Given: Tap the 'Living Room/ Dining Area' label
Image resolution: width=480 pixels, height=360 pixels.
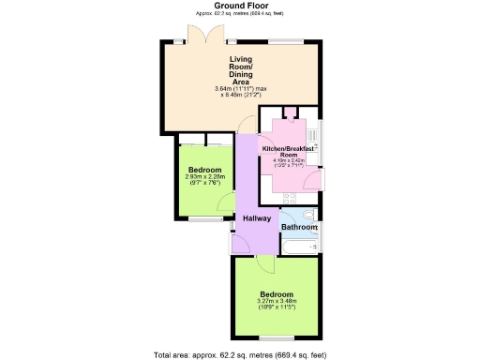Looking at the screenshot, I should pyautogui.click(x=242, y=70).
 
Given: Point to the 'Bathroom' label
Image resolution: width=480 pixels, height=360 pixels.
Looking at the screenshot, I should pyautogui.click(x=300, y=227).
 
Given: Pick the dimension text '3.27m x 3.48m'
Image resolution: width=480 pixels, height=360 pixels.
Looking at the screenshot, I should pyautogui.click(x=277, y=301).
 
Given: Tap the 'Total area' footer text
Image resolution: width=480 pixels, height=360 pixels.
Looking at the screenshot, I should pyautogui.click(x=240, y=354).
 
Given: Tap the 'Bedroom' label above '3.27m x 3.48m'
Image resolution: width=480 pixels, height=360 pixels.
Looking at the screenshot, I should pyautogui.click(x=277, y=293).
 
